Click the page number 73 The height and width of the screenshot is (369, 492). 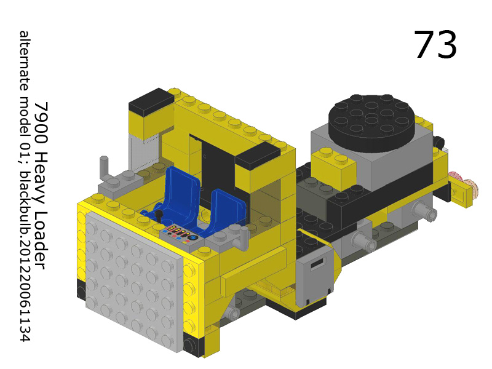tap(435, 45)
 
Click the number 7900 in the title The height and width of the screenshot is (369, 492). tap(40, 119)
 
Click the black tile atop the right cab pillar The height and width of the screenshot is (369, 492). tap(258, 156)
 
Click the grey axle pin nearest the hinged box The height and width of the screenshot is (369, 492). tap(365, 244)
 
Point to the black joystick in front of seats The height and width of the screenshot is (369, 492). tap(159, 216)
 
